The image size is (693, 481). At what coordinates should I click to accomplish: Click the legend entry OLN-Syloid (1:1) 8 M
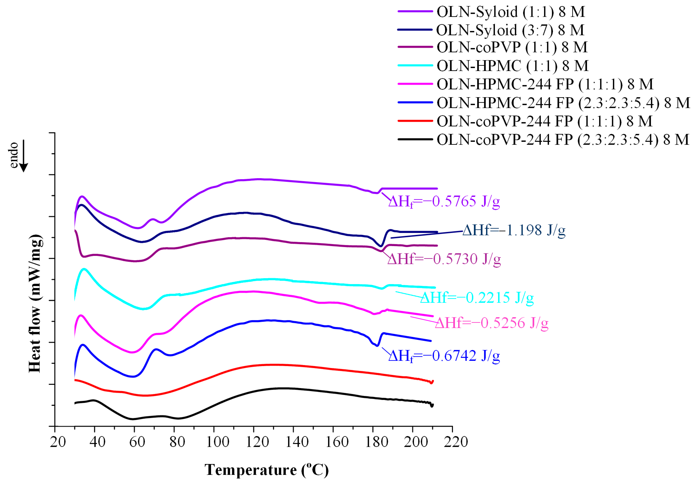[x=511, y=12]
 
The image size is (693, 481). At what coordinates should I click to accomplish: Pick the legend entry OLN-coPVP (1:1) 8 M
[x=512, y=47]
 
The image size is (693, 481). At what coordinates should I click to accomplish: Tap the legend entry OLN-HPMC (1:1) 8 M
[x=512, y=66]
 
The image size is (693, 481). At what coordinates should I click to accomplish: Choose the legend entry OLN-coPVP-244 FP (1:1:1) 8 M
[x=544, y=121]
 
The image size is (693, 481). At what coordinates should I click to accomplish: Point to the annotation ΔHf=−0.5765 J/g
[x=444, y=201]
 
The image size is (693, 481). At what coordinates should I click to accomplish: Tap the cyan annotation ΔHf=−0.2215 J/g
[x=476, y=298]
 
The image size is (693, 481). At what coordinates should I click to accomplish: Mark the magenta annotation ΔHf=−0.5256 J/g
[x=491, y=323]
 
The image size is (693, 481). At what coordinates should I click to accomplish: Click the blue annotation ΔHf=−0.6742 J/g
[x=444, y=356]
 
